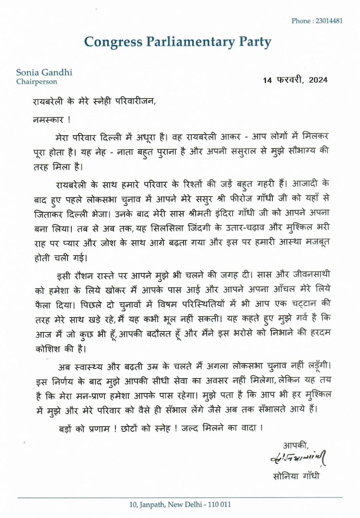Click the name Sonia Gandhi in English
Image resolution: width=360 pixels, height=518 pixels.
click(44, 73)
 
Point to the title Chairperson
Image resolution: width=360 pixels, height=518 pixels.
click(37, 82)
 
